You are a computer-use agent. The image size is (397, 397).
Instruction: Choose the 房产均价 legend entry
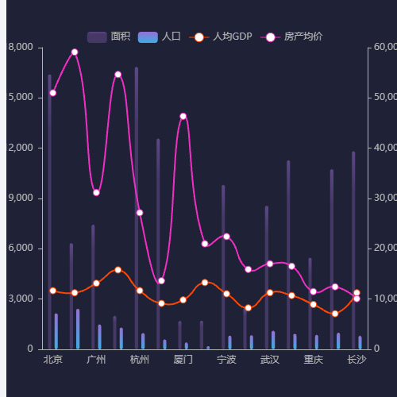(x=291, y=37)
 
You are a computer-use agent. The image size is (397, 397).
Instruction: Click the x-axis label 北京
(x=52, y=360)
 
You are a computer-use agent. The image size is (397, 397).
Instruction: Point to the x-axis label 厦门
(x=183, y=360)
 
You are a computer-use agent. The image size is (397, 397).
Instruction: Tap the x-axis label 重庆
(x=313, y=360)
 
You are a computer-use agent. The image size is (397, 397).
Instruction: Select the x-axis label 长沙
(x=357, y=360)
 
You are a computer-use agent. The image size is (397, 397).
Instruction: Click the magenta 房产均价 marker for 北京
(x=52, y=93)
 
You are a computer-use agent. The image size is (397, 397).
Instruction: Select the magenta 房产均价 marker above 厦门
(x=183, y=117)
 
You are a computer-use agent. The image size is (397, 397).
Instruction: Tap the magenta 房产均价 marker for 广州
(x=96, y=192)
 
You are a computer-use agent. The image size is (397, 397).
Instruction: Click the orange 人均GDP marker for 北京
(x=52, y=291)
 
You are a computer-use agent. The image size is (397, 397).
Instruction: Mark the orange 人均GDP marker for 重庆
(x=313, y=304)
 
